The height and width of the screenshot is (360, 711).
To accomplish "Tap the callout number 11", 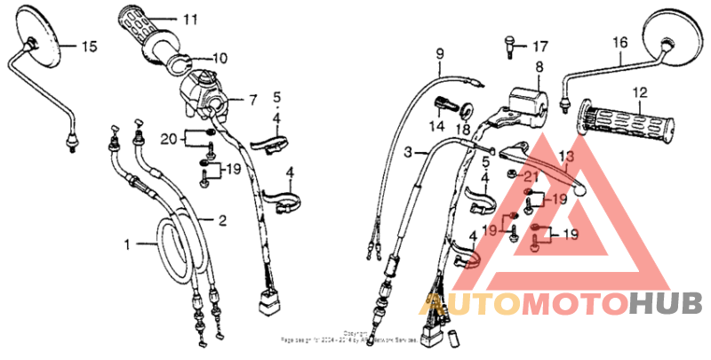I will point(191,18).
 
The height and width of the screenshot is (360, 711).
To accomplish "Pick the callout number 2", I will point(222,220).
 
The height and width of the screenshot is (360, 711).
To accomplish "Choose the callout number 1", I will point(127,243).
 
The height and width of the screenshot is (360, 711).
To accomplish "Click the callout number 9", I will point(438,55).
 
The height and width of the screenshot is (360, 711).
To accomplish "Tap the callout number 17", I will point(540,46).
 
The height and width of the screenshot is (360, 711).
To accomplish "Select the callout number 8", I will point(539,68).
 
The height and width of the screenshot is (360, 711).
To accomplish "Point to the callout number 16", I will point(619,42).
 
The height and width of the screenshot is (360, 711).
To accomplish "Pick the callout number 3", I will point(408,153).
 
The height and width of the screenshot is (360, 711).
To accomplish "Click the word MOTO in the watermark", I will point(575,304).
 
